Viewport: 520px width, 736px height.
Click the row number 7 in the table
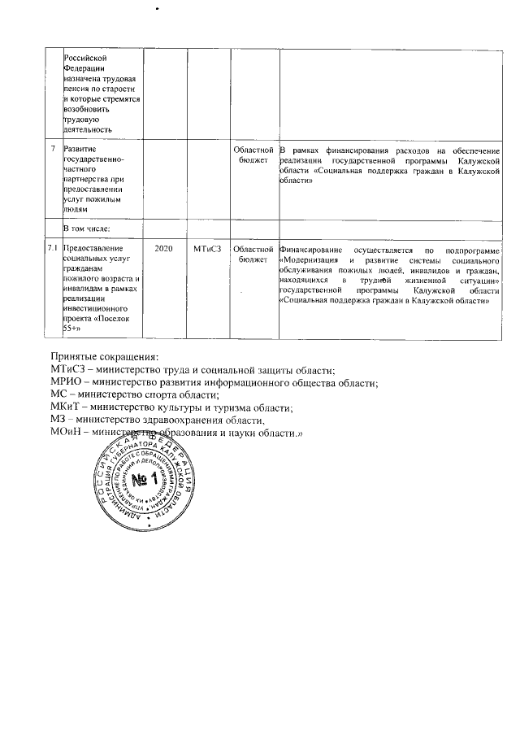pyautogui.click(x=54, y=150)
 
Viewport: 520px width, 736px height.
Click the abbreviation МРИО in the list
pyautogui.click(x=67, y=382)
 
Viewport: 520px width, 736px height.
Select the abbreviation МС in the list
pyautogui.click(x=59, y=395)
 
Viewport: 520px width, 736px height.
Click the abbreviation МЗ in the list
pyautogui.click(x=59, y=420)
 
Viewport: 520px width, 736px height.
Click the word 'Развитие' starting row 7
pyautogui.click(x=81, y=150)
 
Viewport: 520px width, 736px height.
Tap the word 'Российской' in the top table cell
pyautogui.click(x=85, y=57)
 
